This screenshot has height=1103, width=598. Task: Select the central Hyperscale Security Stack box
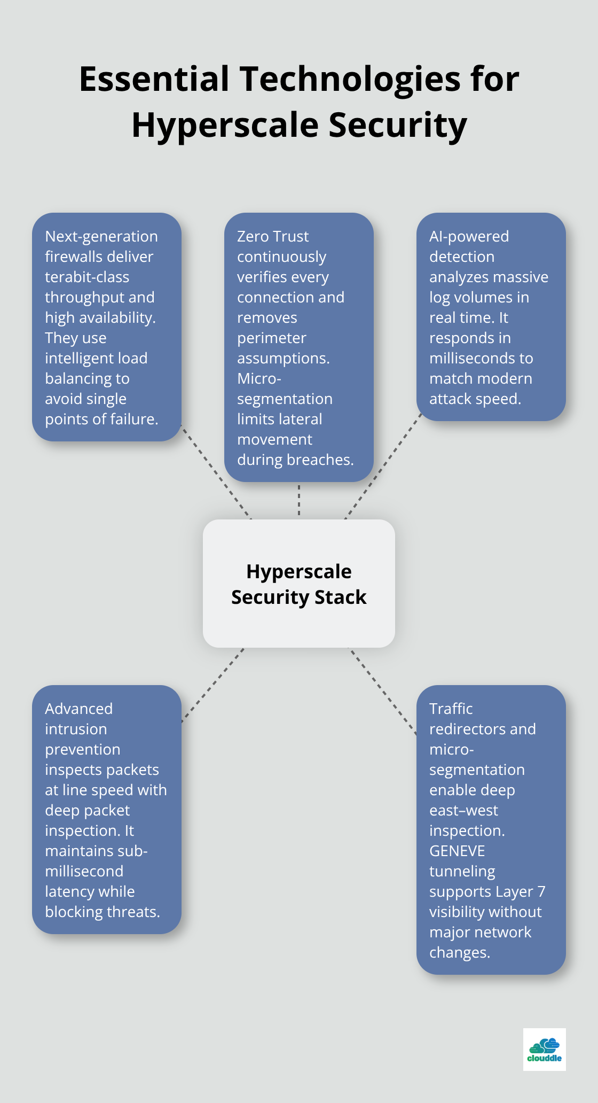click(x=299, y=584)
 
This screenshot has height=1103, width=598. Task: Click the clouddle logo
click(x=544, y=1050)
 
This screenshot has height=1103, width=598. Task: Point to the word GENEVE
click(x=457, y=851)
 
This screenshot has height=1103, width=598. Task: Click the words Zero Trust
click(x=273, y=236)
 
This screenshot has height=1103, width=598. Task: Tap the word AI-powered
click(x=469, y=236)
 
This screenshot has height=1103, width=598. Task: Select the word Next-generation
click(x=101, y=236)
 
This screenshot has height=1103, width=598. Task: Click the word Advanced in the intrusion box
click(x=78, y=709)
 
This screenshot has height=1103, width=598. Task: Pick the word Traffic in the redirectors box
click(x=451, y=709)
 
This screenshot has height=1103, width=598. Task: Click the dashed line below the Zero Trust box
click(x=299, y=500)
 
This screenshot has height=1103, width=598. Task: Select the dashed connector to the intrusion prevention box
click(x=213, y=685)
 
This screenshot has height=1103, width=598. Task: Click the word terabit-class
click(x=87, y=277)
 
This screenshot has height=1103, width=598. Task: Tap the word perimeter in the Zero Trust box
click(x=271, y=338)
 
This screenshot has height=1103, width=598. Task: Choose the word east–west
click(x=463, y=810)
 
